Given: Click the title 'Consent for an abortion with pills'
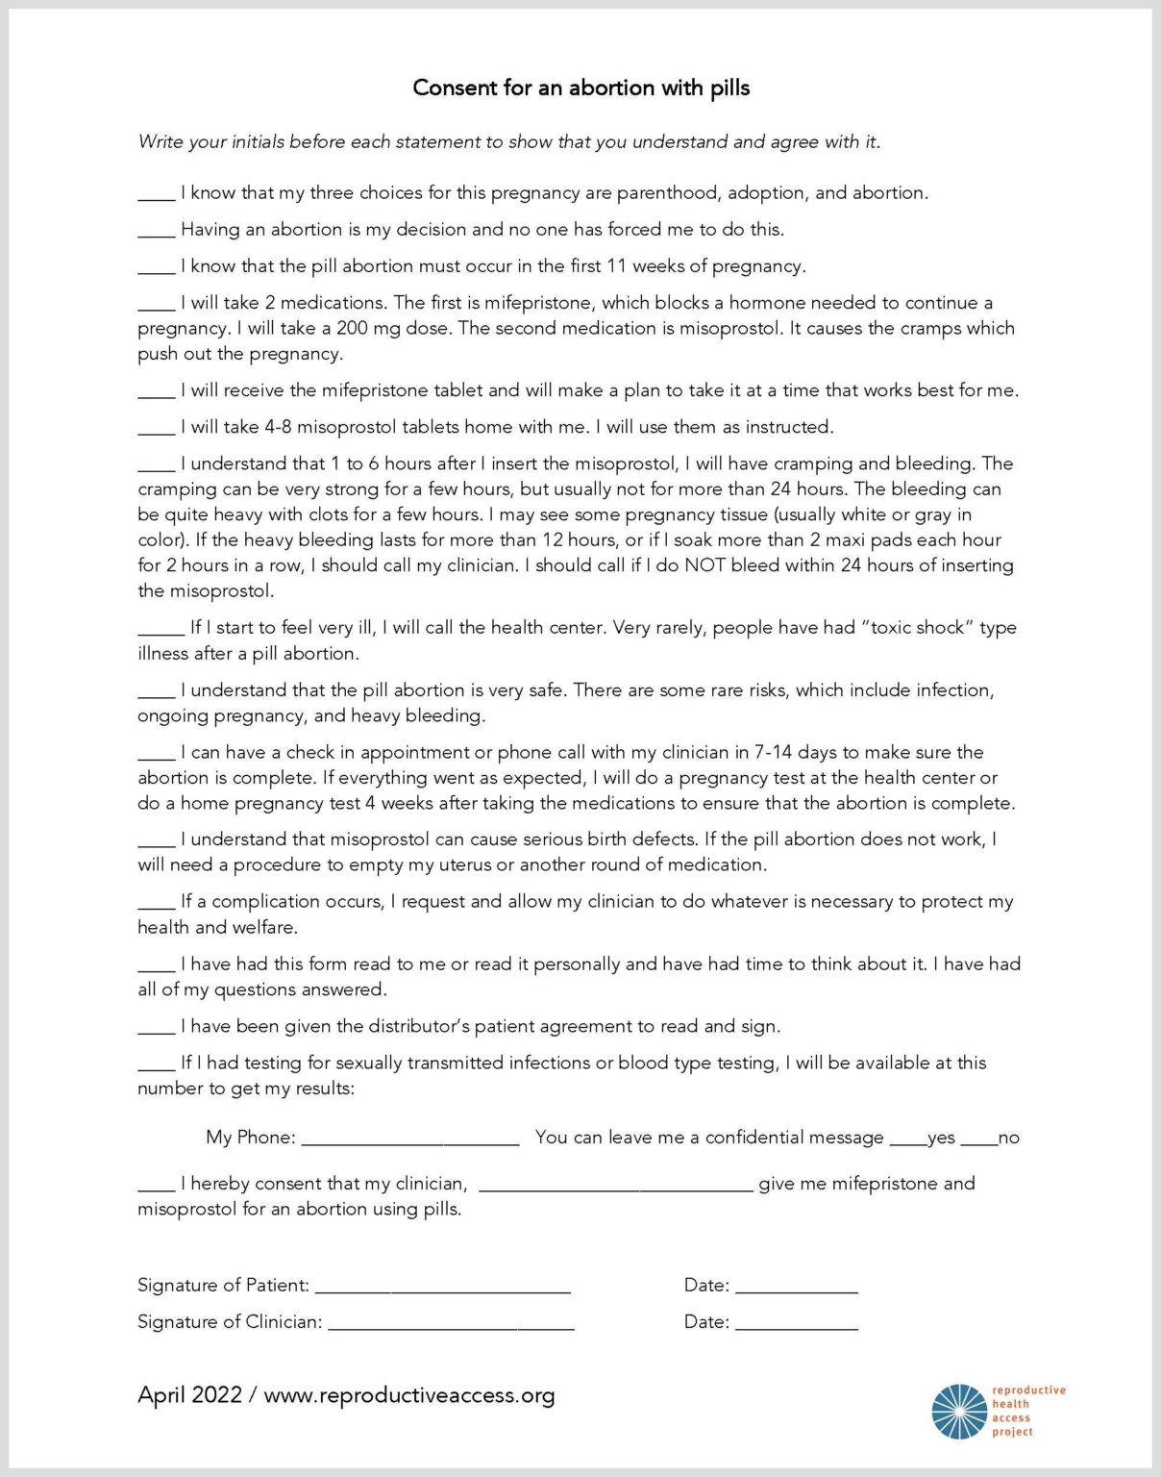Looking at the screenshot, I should pyautogui.click(x=580, y=88).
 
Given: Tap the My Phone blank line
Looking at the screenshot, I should pyautogui.click(x=410, y=1140).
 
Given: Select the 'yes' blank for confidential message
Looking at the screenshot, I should pyautogui.click(x=907, y=1141).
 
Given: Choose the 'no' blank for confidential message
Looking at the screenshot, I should pyautogui.click(x=979, y=1141).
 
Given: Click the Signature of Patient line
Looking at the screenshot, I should pyautogui.click(x=443, y=1289).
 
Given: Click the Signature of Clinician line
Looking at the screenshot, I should pyautogui.click(x=451, y=1326).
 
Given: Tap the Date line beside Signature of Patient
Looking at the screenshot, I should pyautogui.click(x=797, y=1289).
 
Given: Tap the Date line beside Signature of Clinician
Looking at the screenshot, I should pyautogui.click(x=797, y=1326).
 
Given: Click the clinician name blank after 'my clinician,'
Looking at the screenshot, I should pyautogui.click(x=615, y=1188).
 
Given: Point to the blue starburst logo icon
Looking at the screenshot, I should pyautogui.click(x=959, y=1412).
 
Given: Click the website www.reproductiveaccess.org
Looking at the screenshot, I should pyautogui.click(x=409, y=1395).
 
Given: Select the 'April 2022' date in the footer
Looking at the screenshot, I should pyautogui.click(x=189, y=1395).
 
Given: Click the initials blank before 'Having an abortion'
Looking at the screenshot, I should pyautogui.click(x=156, y=234).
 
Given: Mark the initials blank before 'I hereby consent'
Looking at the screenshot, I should pyautogui.click(x=156, y=1188).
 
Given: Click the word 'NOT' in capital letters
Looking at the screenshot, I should pyautogui.click(x=704, y=565).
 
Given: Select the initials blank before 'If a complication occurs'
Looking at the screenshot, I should pyautogui.click(x=156, y=906).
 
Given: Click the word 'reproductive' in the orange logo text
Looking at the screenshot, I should pyautogui.click(x=1028, y=1390).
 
